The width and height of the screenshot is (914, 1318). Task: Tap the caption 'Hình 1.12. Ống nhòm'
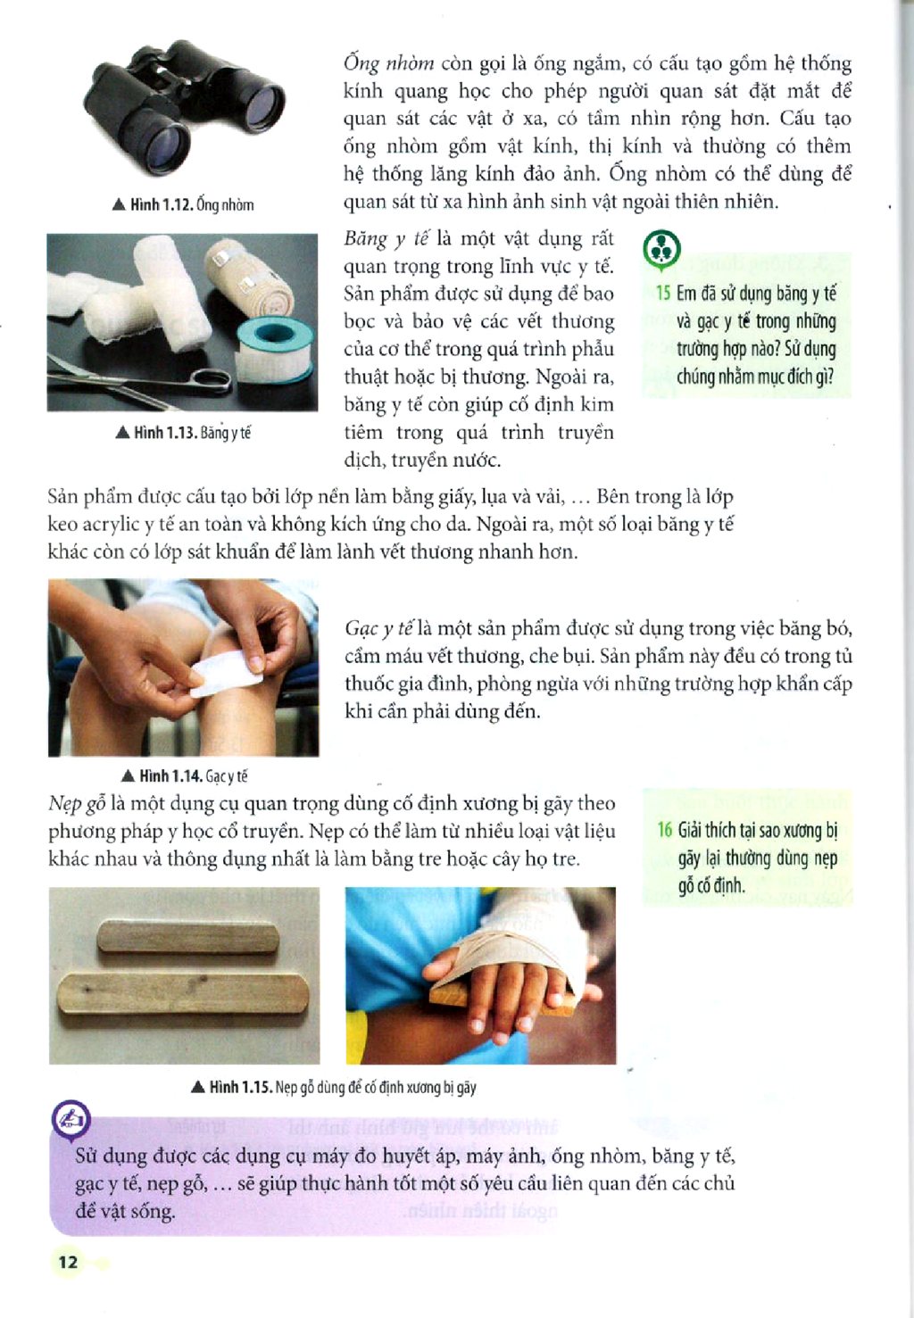183,204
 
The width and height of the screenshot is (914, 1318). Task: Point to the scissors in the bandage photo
141,377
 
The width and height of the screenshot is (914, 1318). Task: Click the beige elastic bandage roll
250,277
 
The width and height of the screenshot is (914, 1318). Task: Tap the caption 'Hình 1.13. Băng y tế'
183,433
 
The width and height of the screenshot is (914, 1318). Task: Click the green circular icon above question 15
662,249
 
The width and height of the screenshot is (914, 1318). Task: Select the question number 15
663,293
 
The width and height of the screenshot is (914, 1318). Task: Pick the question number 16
665,830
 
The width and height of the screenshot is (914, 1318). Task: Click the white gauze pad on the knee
227,673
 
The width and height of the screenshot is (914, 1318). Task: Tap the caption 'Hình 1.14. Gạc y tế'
184,776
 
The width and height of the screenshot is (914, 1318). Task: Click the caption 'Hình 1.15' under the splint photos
334,1088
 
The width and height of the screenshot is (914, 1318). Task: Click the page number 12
68,1262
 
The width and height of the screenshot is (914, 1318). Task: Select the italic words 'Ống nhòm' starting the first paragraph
389,63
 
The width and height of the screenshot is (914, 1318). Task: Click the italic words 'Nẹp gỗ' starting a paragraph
77,804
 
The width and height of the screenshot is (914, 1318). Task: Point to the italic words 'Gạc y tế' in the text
378,629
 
